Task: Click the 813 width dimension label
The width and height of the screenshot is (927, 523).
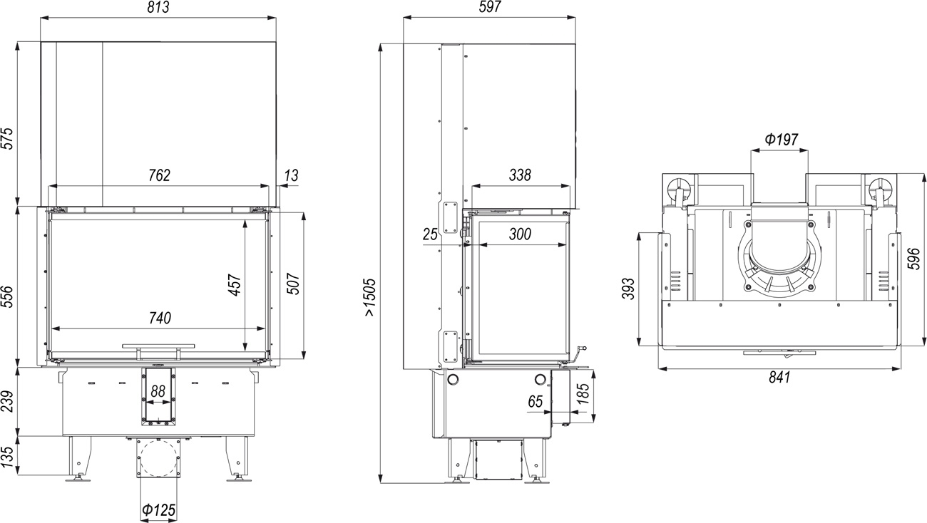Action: click(158, 7)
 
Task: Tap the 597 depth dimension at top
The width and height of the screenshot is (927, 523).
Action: click(490, 7)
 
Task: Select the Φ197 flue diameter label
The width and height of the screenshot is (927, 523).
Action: click(781, 140)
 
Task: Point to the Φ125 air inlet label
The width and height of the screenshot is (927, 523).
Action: click(158, 510)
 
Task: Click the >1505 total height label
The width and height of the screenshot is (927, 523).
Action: click(369, 297)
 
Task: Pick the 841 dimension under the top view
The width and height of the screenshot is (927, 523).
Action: click(779, 377)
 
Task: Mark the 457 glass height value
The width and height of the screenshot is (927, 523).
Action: click(235, 285)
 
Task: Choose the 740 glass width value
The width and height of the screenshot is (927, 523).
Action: click(160, 318)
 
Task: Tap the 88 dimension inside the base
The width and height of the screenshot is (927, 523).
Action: click(158, 391)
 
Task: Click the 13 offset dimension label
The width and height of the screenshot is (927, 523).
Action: click(292, 176)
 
